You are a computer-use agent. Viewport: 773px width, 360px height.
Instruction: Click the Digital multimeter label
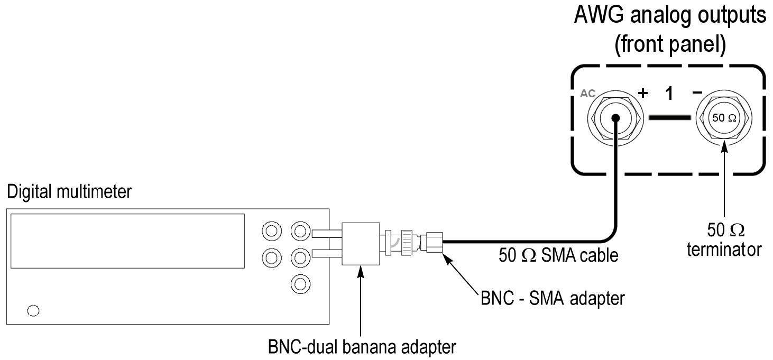pos(69,192)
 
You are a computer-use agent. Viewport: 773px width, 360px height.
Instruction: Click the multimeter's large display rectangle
pos(127,241)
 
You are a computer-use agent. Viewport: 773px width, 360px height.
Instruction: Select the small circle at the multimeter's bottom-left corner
pos(33,310)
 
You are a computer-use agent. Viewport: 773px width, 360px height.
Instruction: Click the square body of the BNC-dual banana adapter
pos(361,243)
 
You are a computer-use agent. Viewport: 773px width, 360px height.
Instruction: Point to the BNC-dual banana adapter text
pos(361,348)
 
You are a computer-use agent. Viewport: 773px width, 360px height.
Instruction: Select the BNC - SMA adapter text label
pos(553,298)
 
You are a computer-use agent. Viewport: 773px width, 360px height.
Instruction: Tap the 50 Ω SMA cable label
pos(558,256)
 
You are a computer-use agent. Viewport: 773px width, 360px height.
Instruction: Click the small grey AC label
pos(588,94)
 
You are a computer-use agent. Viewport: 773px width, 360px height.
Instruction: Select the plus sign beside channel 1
pos(643,94)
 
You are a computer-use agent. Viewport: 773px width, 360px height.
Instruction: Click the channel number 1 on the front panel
pos(669,94)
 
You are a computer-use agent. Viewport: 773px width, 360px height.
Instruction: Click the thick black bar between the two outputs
pos(670,117)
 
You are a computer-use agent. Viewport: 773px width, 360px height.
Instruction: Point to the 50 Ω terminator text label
pos(724,240)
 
